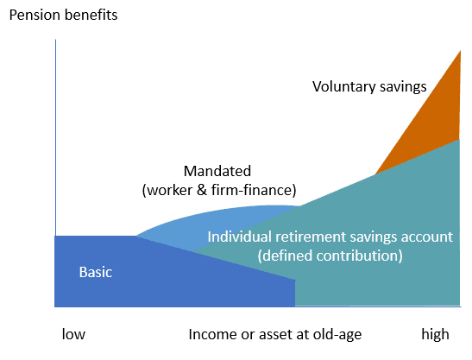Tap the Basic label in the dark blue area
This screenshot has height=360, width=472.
pyautogui.click(x=96, y=272)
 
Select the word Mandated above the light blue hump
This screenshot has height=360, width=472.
pyautogui.click(x=217, y=171)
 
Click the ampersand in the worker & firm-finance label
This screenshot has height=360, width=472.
pyautogui.click(x=202, y=190)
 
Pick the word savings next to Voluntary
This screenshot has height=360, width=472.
pyautogui.click(x=403, y=86)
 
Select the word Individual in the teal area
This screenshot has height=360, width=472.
pyautogui.click(x=239, y=237)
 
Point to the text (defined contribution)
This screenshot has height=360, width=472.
pyautogui.click(x=330, y=256)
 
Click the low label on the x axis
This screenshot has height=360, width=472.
pyautogui.click(x=73, y=334)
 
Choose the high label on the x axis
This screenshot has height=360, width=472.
pyautogui.click(x=435, y=334)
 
